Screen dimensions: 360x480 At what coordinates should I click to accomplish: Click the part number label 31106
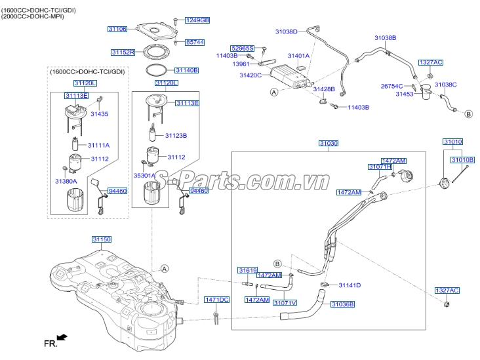(117, 30)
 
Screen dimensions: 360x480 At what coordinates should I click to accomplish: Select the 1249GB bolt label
(196, 20)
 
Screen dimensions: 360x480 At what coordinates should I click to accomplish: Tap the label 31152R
(122, 52)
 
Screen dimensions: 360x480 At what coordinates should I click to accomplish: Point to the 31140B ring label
(186, 70)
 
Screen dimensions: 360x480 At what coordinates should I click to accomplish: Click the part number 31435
(99, 114)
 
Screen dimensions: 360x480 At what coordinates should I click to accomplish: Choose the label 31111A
(99, 145)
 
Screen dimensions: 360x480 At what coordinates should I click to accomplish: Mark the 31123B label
(176, 136)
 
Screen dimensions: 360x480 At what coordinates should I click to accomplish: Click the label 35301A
(144, 176)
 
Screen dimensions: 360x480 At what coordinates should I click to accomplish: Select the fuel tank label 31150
(102, 240)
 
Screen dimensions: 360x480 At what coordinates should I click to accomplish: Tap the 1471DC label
(216, 300)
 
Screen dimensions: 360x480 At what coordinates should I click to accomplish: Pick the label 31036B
(342, 304)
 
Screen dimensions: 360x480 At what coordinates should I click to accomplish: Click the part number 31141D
(350, 285)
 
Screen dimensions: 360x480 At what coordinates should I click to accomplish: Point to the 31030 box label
(329, 143)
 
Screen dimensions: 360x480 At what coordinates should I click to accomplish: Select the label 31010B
(462, 160)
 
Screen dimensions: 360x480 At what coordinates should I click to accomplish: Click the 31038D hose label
(286, 31)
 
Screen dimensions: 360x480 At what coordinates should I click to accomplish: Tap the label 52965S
(241, 48)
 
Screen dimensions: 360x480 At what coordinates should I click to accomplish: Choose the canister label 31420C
(250, 75)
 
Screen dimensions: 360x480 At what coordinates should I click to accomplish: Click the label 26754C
(391, 86)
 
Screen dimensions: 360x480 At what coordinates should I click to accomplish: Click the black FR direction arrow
(62, 338)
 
